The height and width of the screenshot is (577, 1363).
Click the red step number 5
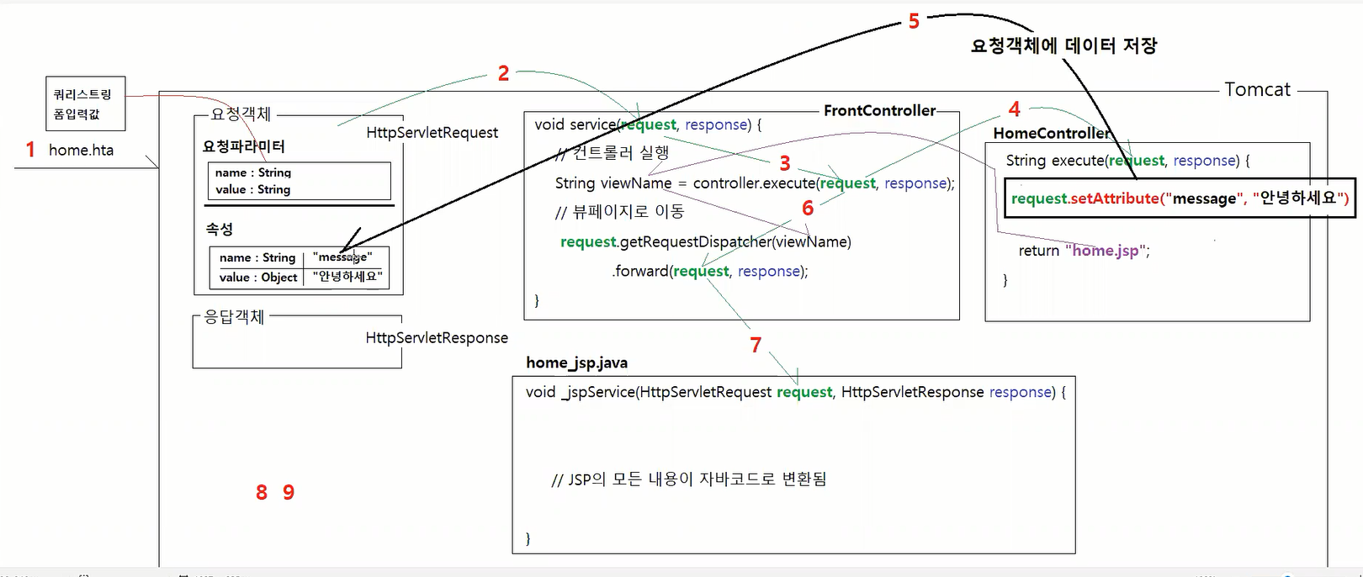(914, 22)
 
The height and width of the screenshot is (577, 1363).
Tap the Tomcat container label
(1257, 89)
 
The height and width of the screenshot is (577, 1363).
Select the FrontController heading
(879, 110)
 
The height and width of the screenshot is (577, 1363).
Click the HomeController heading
(1051, 133)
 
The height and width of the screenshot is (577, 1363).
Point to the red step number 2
(503, 73)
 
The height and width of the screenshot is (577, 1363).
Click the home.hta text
(81, 150)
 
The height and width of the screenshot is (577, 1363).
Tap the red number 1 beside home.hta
(30, 150)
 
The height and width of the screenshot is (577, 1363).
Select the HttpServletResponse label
(437, 337)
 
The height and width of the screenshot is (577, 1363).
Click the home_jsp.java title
(576, 363)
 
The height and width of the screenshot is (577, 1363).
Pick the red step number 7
(756, 345)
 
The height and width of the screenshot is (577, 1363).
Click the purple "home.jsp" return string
(1105, 250)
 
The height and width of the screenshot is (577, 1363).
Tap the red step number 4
(1015, 109)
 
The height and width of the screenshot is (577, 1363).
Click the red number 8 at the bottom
(262, 492)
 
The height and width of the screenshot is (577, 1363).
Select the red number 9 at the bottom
(289, 492)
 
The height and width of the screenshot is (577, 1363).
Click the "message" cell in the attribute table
(342, 257)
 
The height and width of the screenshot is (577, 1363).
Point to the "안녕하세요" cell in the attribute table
(347, 276)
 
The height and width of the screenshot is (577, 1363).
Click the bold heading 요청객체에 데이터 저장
(1063, 45)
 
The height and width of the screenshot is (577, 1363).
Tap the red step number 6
(808, 208)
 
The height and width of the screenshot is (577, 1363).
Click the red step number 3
(785, 163)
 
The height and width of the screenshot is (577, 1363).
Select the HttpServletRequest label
(432, 132)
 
